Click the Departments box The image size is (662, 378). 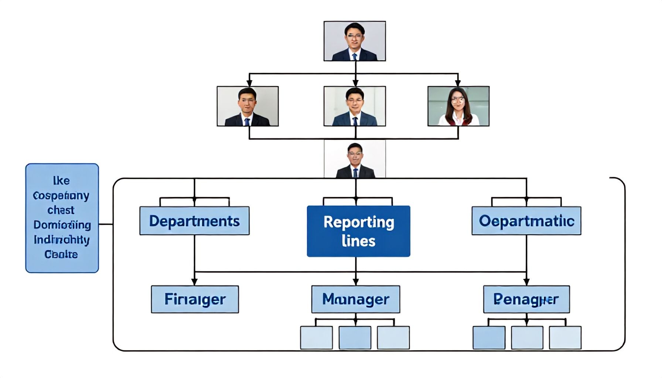pos(194,221)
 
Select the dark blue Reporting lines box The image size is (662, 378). pos(358,231)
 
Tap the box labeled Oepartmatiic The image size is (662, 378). pos(526,221)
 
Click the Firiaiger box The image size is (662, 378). pos(195,299)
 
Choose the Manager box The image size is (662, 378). pos(355,299)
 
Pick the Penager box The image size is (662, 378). pos(526,299)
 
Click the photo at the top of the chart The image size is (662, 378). pos(355,41)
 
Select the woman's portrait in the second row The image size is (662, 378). pos(458,106)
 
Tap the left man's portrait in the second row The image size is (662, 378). pos(248,106)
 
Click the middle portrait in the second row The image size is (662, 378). pos(355,106)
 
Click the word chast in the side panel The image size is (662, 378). pos(61,210)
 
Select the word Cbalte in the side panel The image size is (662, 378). pos(61,254)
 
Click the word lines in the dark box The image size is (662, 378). pos(358,241)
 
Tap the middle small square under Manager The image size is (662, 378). pos(355,337)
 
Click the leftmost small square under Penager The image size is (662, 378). pos(489,337)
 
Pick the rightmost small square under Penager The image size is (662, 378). pos(565,337)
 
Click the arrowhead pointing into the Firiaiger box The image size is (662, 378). pos(195,282)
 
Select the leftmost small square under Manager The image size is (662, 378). pos(316,337)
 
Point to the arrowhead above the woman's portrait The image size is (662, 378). pos(458,83)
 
